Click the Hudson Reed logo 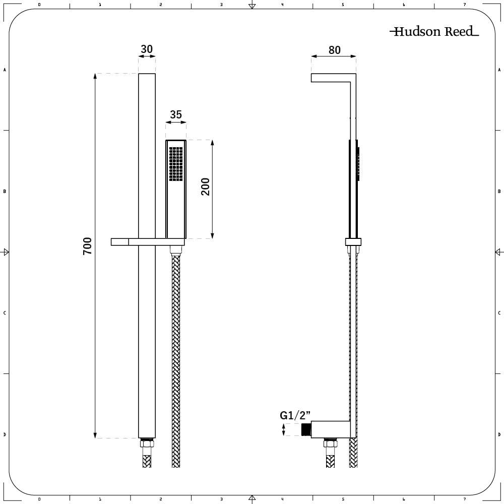[x=434, y=32]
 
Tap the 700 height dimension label [x=88, y=245]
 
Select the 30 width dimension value [x=147, y=49]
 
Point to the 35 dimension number [x=175, y=115]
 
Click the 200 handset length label [x=206, y=187]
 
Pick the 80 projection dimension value [x=334, y=50]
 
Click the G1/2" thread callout [x=295, y=416]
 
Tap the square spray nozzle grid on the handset [x=175, y=164]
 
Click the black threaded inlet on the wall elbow [x=305, y=430]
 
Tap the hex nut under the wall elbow [x=331, y=443]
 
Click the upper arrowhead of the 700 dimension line [x=95, y=77]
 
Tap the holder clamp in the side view [x=353, y=242]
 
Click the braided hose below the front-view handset [x=176, y=353]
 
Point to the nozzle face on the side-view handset [x=358, y=164]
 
